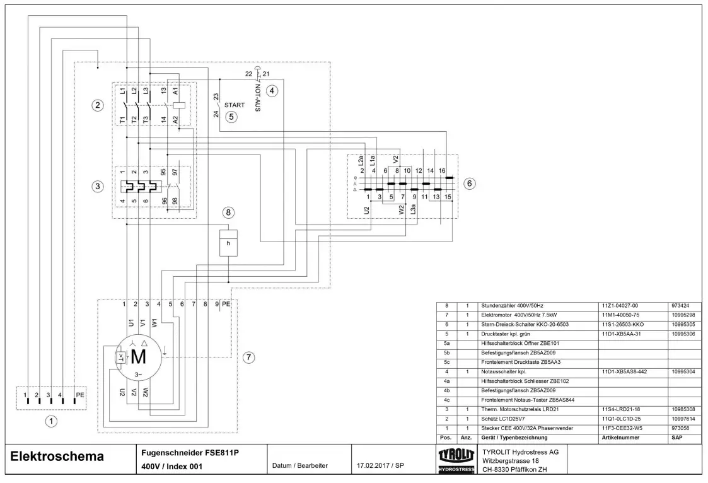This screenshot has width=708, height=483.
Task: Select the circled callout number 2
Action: tap(98, 105)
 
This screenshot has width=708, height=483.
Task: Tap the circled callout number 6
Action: tap(469, 183)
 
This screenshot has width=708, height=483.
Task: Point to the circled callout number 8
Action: tap(228, 212)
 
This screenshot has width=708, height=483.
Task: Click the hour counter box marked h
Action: tap(228, 243)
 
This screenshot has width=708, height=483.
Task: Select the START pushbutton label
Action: tap(234, 105)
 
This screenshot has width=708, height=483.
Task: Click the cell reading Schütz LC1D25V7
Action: tap(508, 418)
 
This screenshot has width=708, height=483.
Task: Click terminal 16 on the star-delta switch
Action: tap(442, 171)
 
